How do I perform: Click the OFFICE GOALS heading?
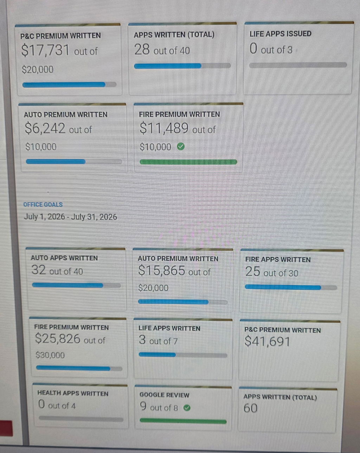(x=43, y=204)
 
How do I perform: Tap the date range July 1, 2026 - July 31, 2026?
(x=70, y=217)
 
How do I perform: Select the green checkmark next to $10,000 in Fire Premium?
(x=181, y=146)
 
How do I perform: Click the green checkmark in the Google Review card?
(x=187, y=408)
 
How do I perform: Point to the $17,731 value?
(x=45, y=50)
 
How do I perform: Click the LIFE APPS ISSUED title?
(x=280, y=34)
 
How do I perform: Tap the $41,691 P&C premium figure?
(x=267, y=341)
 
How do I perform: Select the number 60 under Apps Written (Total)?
(x=250, y=408)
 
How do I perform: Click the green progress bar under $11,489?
(x=188, y=162)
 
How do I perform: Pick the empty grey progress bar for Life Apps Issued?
(x=298, y=65)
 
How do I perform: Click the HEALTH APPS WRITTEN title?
(x=73, y=393)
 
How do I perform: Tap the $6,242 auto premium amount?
(x=45, y=128)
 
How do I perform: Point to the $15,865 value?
(x=162, y=270)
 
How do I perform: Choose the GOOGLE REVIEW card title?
(x=164, y=395)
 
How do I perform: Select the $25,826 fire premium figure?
(x=58, y=338)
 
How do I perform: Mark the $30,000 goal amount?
(x=50, y=355)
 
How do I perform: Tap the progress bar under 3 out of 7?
(x=183, y=355)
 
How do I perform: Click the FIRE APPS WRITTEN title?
(x=278, y=260)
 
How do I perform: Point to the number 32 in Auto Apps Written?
(x=39, y=270)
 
